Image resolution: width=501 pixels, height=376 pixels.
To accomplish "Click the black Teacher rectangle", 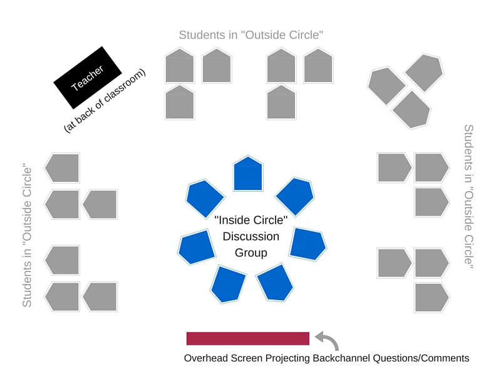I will pos(86,77).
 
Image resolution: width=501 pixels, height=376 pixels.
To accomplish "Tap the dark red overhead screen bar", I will pos(248,338).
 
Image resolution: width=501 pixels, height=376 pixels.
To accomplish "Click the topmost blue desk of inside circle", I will pos(248,174).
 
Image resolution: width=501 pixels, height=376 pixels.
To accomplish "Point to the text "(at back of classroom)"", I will pos(105,100).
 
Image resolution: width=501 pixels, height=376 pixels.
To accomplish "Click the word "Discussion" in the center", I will pos(251,236).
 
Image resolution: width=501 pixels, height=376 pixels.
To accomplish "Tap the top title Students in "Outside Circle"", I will pos(250,35).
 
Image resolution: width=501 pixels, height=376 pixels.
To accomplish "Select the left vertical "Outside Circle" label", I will pos(27,236).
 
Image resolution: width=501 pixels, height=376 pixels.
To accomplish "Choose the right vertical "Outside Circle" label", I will pos(468,196).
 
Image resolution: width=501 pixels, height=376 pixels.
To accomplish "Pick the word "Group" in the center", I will pos(251,253).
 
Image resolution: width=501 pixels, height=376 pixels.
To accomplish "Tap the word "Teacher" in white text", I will pos(86,77).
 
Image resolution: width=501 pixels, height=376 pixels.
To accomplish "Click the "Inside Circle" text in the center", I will pos(251,220).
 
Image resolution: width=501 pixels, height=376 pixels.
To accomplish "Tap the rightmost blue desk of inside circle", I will pos(307,243).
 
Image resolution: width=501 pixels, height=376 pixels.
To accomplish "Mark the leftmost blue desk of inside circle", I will pos(197,247).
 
